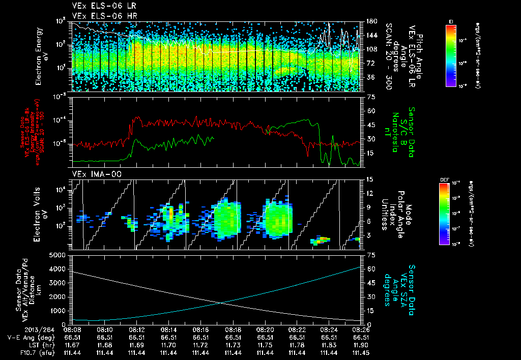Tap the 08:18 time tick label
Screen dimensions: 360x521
[233, 330]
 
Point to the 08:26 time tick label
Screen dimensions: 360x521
[361, 330]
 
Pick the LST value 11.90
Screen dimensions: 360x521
[361, 344]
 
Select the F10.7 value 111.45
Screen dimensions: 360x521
[361, 352]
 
